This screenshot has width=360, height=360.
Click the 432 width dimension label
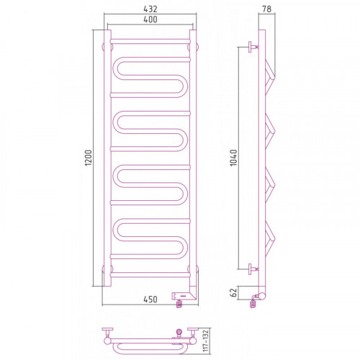click(x=150, y=9)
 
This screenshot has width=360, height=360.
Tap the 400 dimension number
click(x=150, y=19)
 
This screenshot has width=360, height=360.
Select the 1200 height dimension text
click(x=89, y=158)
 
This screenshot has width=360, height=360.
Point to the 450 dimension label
click(x=150, y=300)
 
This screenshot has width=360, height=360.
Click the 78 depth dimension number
click(x=266, y=9)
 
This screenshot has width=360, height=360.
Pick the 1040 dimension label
click(x=233, y=158)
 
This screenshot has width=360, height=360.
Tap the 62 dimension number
click(x=233, y=292)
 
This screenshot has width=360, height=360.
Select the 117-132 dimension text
click(x=206, y=341)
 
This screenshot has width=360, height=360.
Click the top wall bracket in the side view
click(x=253, y=47)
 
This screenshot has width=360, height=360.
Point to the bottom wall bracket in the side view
click(x=253, y=269)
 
